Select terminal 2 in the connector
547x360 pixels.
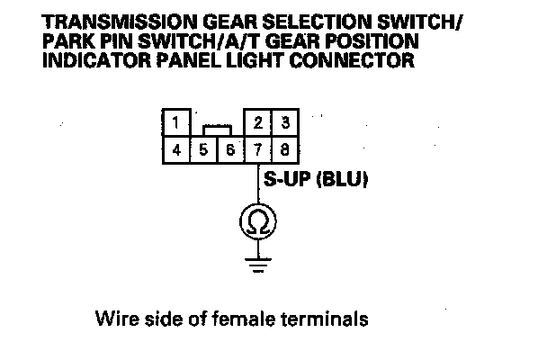click(x=259, y=121)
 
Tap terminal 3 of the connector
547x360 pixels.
click(x=285, y=121)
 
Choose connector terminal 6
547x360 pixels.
click(x=230, y=148)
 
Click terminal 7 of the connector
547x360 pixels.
click(x=259, y=148)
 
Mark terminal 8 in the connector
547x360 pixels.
click(x=285, y=148)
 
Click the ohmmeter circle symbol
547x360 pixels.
click(x=257, y=221)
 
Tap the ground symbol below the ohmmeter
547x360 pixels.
click(x=257, y=264)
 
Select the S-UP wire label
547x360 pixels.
click(x=289, y=180)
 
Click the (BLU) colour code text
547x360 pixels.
click(x=346, y=180)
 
